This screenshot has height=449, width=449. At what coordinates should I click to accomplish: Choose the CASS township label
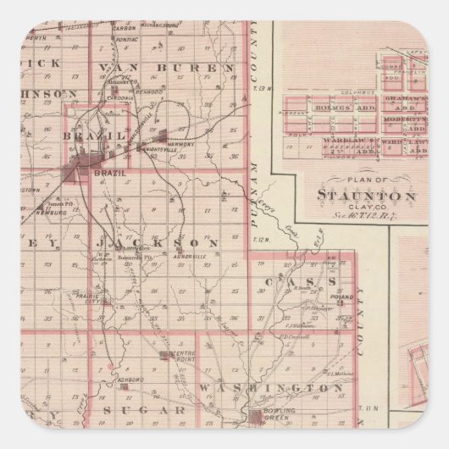291,280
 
